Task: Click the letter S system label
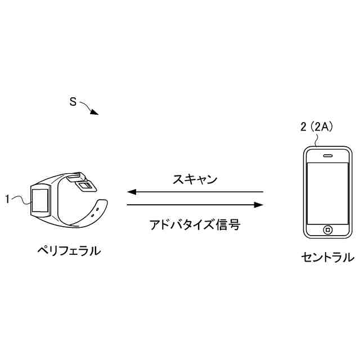pyautogui.click(x=73, y=102)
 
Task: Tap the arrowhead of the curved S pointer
pyautogui.click(x=95, y=112)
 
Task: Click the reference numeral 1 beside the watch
pyautogui.click(x=7, y=198)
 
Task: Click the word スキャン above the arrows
pyautogui.click(x=195, y=179)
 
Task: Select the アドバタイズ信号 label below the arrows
pyautogui.click(x=195, y=225)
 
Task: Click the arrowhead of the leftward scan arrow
pyautogui.click(x=133, y=192)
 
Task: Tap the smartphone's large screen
pyautogui.click(x=327, y=191)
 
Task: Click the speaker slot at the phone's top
pyautogui.click(x=327, y=154)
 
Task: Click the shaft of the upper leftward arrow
pyautogui.click(x=197, y=192)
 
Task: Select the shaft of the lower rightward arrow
pyautogui.click(x=191, y=205)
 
